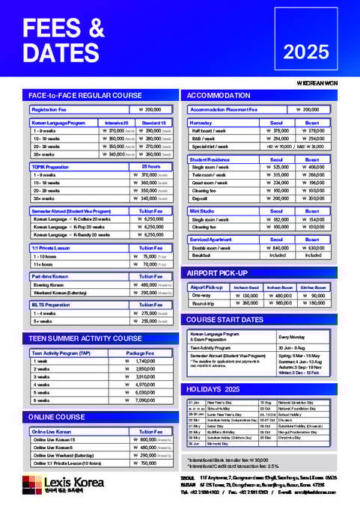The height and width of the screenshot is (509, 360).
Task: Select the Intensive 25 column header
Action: click(116, 122)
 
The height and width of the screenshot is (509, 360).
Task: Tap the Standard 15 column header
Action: click(153, 122)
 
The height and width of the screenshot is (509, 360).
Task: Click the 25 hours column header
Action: click(150, 166)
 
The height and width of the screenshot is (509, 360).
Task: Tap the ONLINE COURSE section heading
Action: click(57, 416)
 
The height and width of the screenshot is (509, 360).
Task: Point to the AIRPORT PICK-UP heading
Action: click(216, 272)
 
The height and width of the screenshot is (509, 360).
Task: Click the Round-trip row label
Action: click(204, 303)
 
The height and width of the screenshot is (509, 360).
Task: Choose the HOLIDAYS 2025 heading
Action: click(213, 389)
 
